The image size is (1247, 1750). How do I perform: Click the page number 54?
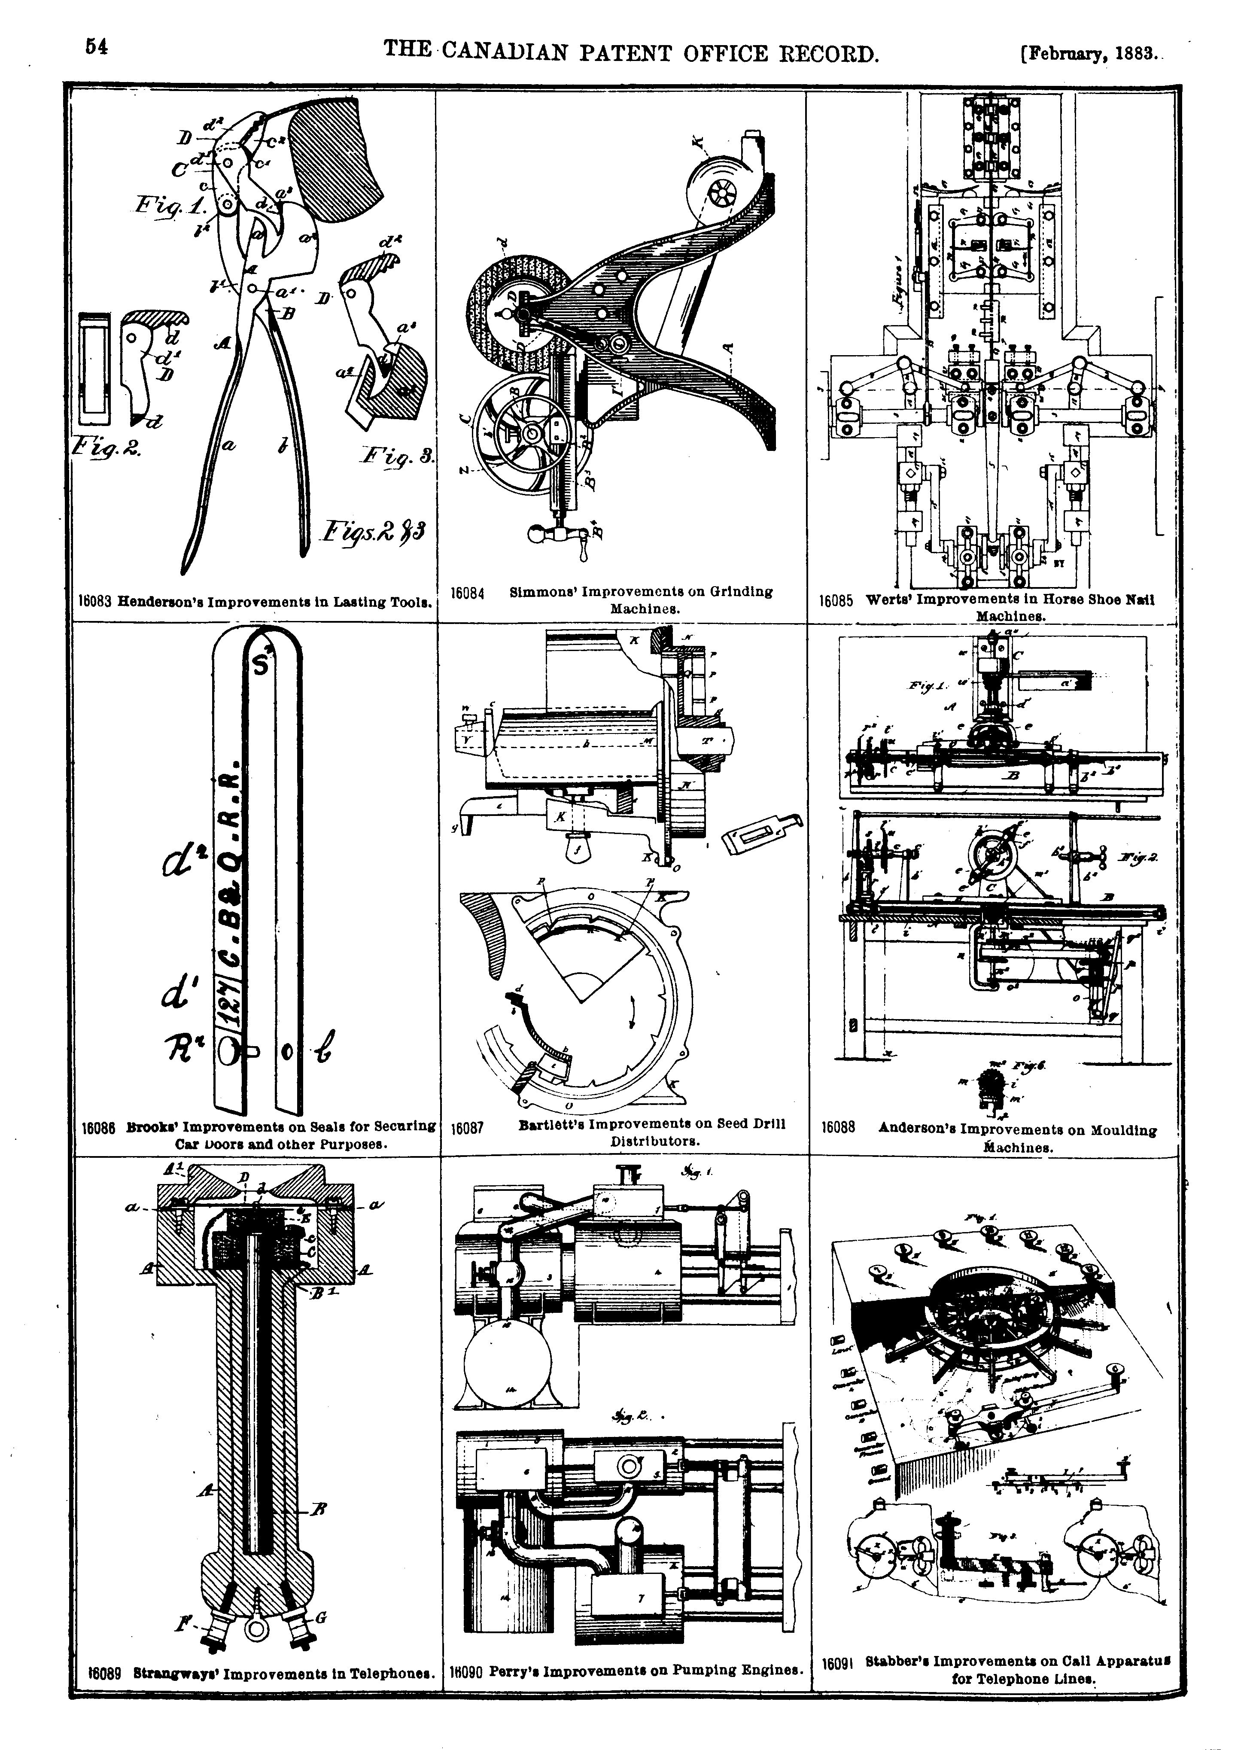96,48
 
